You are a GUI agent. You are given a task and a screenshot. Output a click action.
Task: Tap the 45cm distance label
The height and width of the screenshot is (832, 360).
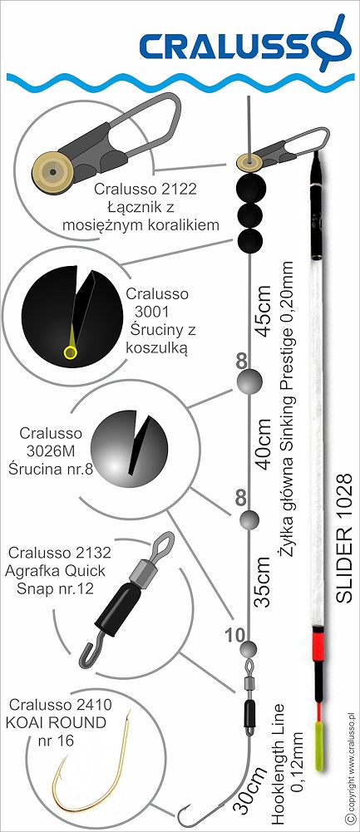coord(264,313)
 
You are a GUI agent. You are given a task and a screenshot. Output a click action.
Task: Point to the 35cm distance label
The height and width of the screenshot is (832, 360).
coord(264,582)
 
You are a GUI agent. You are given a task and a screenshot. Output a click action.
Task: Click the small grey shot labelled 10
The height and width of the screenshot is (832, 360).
coord(249,649)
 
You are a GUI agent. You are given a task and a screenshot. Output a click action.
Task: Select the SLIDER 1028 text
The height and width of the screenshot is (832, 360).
coord(344,538)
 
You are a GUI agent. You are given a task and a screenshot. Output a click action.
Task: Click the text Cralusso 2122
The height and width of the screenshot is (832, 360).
coord(145,189)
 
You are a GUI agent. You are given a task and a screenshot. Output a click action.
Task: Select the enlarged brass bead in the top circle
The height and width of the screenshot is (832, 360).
coord(53,171)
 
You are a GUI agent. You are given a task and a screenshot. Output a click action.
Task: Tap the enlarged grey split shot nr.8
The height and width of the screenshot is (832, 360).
coord(130,446)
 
